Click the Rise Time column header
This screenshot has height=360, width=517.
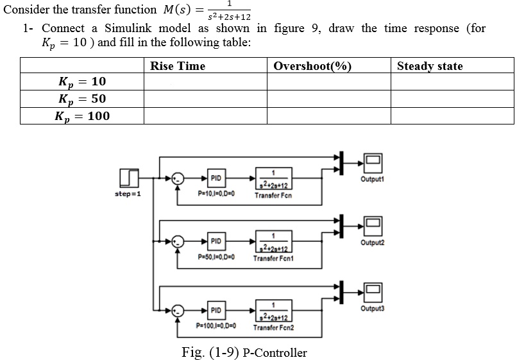[178, 66]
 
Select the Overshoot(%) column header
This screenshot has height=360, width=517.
[312, 66]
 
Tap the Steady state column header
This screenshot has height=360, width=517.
[430, 66]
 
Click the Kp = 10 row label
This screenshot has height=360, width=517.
[82, 81]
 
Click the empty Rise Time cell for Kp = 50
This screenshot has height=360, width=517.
[205, 99]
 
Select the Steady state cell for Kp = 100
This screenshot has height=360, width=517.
[452, 116]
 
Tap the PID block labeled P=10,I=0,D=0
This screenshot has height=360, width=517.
[216, 178]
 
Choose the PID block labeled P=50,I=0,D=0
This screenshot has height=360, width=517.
[216, 241]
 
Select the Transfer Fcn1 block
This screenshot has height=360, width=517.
[273, 241]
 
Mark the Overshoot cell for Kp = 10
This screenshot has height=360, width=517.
[329, 81]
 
